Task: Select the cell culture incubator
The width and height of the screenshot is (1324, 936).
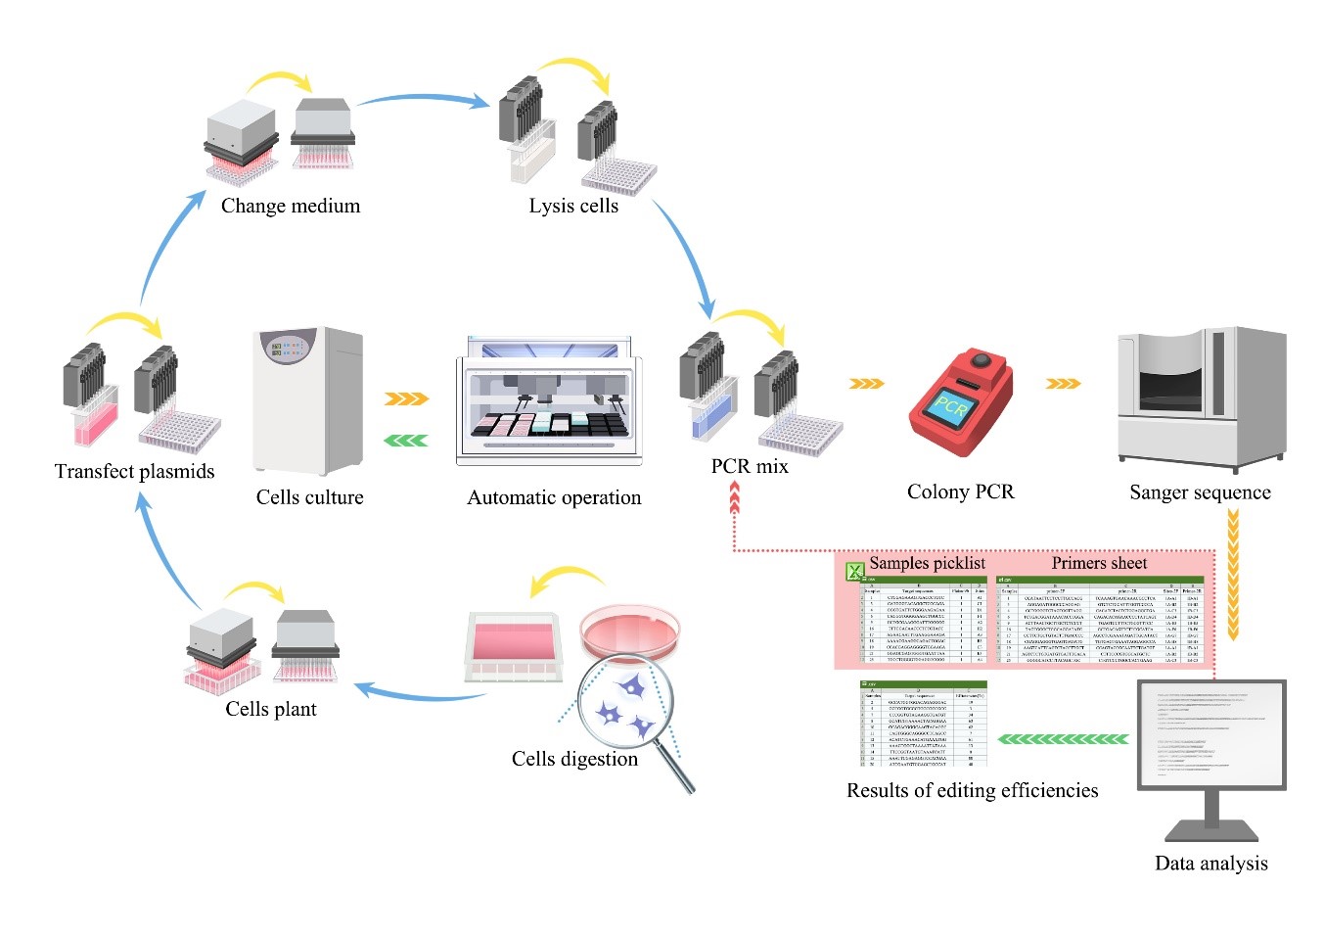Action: pyautogui.click(x=308, y=401)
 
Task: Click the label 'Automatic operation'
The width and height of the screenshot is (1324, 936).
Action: pyautogui.click(x=554, y=497)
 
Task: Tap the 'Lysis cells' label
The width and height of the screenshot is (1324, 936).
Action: pyautogui.click(x=573, y=206)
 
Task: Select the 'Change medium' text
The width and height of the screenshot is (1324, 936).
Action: pyautogui.click(x=291, y=206)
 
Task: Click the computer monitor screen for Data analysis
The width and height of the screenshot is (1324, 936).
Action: pyautogui.click(x=1211, y=734)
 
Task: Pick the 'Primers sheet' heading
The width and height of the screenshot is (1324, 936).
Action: pyautogui.click(x=1099, y=563)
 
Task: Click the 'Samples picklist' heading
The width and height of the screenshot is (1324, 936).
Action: pyautogui.click(x=927, y=563)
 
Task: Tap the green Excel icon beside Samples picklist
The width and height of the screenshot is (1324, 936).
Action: pyautogui.click(x=854, y=570)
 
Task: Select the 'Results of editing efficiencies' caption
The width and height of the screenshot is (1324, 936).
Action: pyautogui.click(x=972, y=790)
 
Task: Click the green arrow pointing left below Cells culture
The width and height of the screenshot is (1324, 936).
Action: pyautogui.click(x=405, y=441)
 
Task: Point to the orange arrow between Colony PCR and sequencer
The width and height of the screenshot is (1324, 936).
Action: pyautogui.click(x=1064, y=383)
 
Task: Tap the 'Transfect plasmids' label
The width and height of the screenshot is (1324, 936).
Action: pyautogui.click(x=134, y=471)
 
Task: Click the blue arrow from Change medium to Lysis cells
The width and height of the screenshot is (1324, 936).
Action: pyautogui.click(x=423, y=98)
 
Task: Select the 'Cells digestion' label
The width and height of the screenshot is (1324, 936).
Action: pyautogui.click(x=574, y=759)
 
